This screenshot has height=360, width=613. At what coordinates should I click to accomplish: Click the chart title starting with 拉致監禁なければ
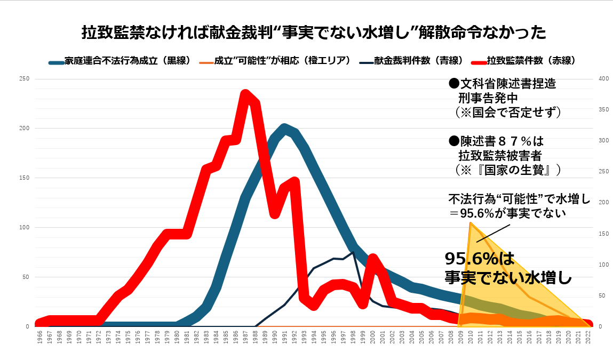314,33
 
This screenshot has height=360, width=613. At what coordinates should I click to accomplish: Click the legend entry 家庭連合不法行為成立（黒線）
121,61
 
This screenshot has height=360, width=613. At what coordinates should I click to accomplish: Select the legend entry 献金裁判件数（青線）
412,61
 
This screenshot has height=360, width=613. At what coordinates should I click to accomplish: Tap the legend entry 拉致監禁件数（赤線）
523,61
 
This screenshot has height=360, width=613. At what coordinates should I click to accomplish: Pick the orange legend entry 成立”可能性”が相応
275,61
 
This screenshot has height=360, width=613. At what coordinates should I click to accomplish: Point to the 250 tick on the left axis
24,79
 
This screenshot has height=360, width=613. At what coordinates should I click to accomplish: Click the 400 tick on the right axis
603,79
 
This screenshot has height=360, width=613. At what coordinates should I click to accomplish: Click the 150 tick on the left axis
24,178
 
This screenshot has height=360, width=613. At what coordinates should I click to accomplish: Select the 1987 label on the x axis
245,337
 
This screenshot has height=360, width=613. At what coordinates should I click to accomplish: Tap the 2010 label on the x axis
471,337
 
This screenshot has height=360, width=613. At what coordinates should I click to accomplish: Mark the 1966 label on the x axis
40,337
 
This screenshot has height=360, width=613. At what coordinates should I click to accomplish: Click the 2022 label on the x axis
588,337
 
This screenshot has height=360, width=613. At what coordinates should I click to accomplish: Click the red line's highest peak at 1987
245,94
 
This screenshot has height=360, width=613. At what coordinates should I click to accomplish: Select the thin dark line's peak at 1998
353,252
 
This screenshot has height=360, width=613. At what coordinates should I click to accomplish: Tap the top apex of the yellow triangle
471,223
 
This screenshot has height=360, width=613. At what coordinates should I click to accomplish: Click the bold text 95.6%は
480,258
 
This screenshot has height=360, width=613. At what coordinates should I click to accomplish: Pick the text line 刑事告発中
489,98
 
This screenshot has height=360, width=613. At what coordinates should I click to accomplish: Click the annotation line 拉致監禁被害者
500,156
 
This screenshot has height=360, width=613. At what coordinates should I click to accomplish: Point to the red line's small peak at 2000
372,258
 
